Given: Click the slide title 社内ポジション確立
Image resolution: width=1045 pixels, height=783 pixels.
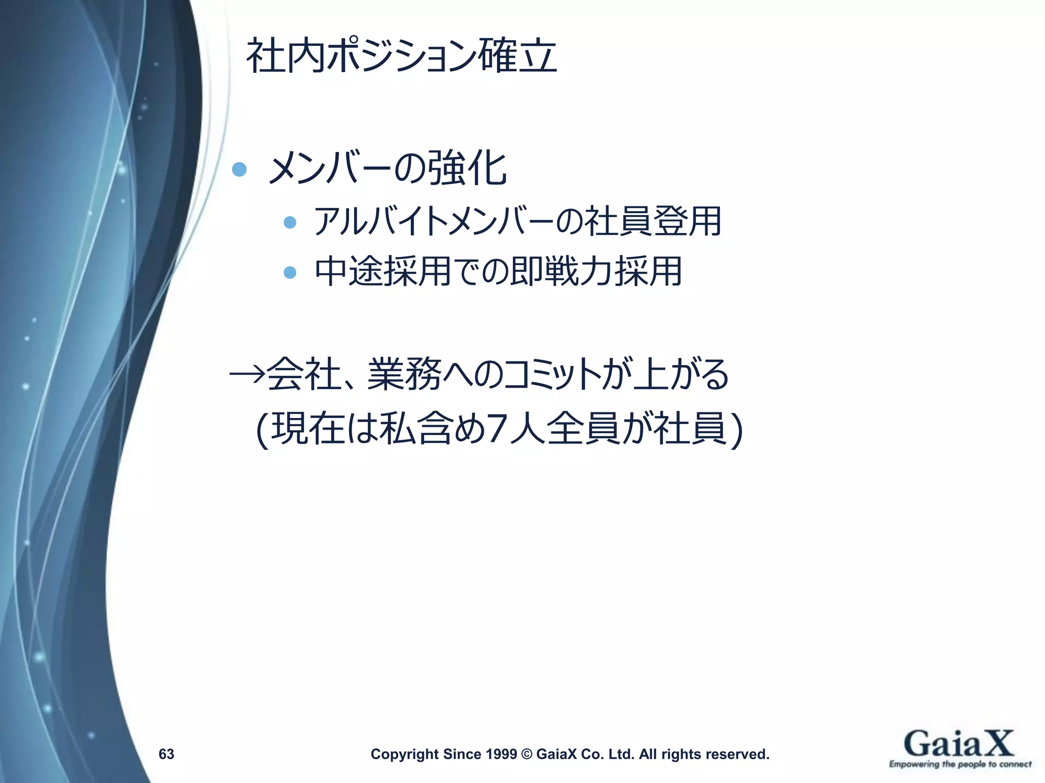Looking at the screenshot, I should click(x=402, y=56).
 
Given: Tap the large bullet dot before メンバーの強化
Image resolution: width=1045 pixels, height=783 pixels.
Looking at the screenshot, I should click(x=239, y=169).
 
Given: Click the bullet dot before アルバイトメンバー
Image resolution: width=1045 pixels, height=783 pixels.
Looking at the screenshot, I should click(x=290, y=222).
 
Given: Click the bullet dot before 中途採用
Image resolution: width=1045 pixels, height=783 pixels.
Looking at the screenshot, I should click(x=290, y=272).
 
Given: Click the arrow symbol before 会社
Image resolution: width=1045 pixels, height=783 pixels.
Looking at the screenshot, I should click(x=247, y=375).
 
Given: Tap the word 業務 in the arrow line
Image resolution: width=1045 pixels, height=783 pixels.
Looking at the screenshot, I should click(x=404, y=375).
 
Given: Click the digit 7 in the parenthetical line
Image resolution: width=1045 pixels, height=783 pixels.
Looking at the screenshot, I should click(x=495, y=429).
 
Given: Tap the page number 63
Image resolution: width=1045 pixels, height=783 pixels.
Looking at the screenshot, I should click(x=166, y=754).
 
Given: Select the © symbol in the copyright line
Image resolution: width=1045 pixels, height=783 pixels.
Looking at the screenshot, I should click(x=527, y=754).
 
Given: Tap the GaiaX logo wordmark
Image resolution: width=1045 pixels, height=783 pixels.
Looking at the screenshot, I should click(x=959, y=744).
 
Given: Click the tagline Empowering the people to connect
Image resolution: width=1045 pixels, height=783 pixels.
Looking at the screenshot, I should click(x=960, y=764).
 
